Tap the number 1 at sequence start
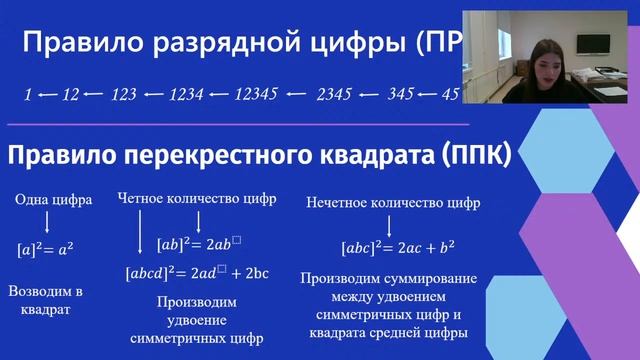[x=28, y=94]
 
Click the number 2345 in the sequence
[x=334, y=94]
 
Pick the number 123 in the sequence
[x=124, y=94]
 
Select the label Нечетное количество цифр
[x=394, y=203]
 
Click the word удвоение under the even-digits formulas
[x=196, y=320]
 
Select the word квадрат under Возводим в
[x=45, y=310]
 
